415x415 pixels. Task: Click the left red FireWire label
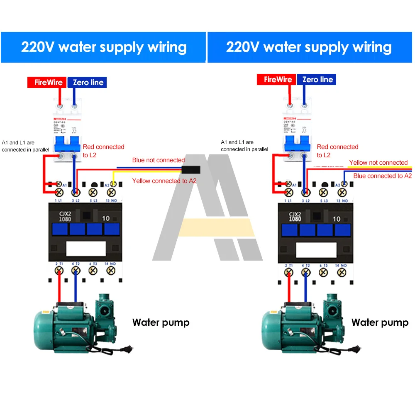48,82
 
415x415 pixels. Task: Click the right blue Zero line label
88,82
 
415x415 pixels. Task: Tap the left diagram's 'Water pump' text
161,322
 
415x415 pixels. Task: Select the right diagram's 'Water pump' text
380,322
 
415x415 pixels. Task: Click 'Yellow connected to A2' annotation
164,181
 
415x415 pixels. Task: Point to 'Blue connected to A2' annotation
382,176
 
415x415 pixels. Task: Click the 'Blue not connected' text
159,160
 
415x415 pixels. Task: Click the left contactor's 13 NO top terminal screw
110,192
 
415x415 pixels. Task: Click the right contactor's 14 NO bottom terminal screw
342,272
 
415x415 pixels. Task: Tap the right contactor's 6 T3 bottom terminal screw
324,272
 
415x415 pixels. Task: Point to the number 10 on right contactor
336,219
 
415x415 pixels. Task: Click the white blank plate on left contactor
86,249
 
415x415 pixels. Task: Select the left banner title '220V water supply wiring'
104,47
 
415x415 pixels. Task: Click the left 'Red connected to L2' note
103,151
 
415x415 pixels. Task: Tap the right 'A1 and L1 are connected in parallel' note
244,146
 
